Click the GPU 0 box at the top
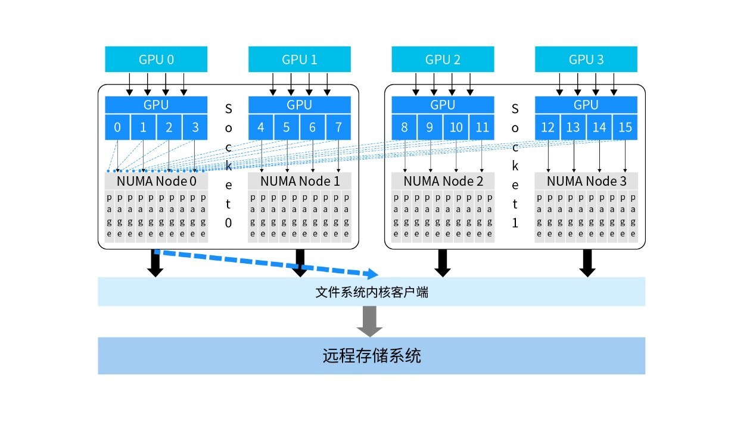[156, 60]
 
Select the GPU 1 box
[299, 60]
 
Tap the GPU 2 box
[443, 60]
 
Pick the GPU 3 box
[586, 60]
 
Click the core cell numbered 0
[117, 127]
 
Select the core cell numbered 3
[195, 127]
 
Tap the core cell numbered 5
[287, 127]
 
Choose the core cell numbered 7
[338, 127]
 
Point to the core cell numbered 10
[456, 127]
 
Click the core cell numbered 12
[547, 127]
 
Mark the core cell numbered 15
[625, 127]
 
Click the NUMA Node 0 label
[156, 181]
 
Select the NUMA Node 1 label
[299, 181]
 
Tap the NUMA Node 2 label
[443, 181]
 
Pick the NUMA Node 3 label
[586, 181]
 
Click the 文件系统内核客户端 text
[371, 292]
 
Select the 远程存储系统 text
[371, 356]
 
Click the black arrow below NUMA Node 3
[587, 263]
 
